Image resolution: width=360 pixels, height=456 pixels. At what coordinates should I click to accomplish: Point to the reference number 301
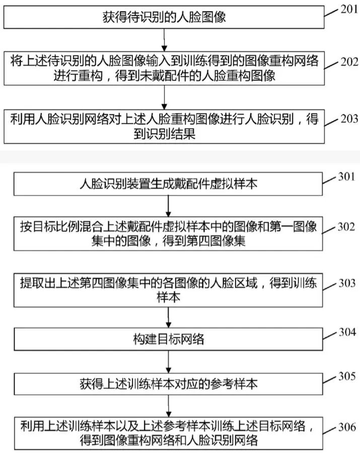pyautogui.click(x=346, y=176)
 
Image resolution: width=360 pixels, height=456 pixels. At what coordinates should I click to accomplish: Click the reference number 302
pyautogui.click(x=346, y=227)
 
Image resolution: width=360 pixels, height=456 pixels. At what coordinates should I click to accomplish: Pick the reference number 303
pyautogui.click(x=347, y=283)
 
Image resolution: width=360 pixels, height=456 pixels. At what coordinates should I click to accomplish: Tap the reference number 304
pyautogui.click(x=347, y=332)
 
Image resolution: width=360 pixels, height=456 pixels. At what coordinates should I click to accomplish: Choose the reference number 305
pyautogui.click(x=347, y=376)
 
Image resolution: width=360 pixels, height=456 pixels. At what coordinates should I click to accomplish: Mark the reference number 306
pyautogui.click(x=347, y=427)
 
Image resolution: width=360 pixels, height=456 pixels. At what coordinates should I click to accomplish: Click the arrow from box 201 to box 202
pyautogui.click(x=165, y=40)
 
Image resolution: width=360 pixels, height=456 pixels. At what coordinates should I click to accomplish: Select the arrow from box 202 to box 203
pyautogui.click(x=165, y=97)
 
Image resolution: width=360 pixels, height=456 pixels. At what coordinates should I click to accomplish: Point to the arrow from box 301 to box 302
pyautogui.click(x=168, y=206)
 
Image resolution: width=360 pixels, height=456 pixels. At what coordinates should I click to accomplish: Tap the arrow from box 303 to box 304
pyautogui.click(x=169, y=317)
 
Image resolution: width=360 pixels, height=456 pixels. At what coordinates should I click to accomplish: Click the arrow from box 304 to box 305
pyautogui.click(x=169, y=362)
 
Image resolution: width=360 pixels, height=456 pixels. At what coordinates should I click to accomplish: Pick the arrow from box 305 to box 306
pyautogui.click(x=169, y=406)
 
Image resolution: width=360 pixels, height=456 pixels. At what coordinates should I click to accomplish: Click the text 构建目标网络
pyautogui.click(x=169, y=339)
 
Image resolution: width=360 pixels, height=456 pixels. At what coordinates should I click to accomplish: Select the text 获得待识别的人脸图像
pyautogui.click(x=164, y=17)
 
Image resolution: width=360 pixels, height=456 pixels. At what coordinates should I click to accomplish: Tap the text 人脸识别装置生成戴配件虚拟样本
pyautogui.click(x=169, y=184)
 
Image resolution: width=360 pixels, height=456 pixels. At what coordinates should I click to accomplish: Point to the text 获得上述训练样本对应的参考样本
pyautogui.click(x=169, y=384)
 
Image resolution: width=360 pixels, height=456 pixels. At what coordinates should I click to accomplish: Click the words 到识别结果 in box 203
pyautogui.click(x=165, y=134)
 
